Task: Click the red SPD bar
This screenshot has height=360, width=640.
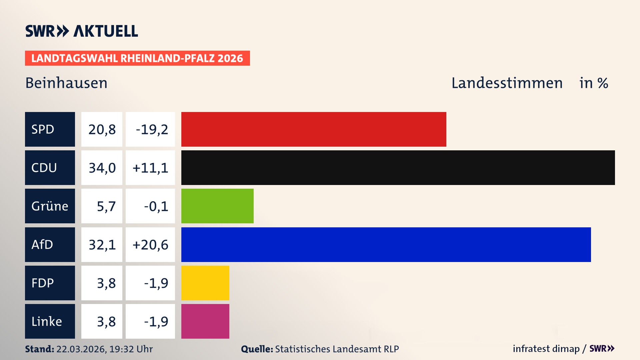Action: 313,129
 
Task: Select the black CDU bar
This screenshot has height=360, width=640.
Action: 398,168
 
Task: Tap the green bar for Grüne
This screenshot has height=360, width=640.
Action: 217,206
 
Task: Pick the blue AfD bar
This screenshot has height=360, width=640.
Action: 386,245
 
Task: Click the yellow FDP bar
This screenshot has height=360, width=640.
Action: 205,283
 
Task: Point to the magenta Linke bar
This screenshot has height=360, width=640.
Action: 205,321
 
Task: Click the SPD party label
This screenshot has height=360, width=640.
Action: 50,129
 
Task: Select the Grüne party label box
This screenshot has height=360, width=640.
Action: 50,206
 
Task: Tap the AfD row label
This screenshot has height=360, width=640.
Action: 50,245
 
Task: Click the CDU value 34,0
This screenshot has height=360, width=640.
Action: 102,168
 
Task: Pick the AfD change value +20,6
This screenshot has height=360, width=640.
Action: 150,245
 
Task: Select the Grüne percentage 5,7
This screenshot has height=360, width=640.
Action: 106,206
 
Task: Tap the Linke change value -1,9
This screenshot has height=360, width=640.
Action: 156,321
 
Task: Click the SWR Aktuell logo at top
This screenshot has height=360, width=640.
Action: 82,31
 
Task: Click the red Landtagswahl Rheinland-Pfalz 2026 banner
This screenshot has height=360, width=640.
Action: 137,58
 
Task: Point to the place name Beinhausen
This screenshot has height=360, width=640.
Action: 66,83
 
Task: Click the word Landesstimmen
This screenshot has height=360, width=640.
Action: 507,83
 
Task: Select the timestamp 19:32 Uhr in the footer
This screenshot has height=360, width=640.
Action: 131,349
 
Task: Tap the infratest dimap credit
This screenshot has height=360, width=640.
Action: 546,349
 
